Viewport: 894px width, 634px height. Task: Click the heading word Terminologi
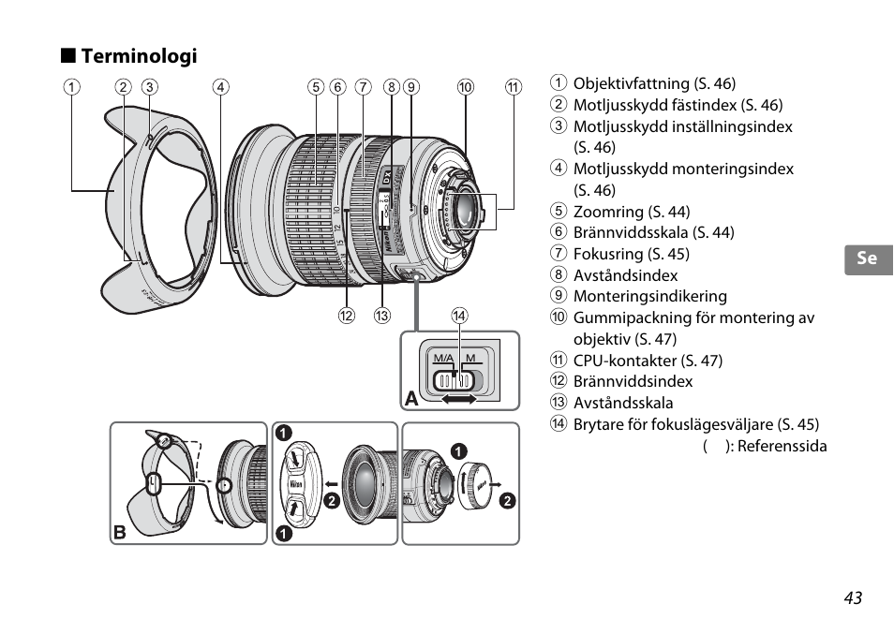click(x=139, y=56)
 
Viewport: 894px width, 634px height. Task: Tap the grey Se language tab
click(x=869, y=259)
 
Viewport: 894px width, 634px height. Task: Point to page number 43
click(x=853, y=597)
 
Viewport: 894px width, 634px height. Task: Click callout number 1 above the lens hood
click(x=71, y=87)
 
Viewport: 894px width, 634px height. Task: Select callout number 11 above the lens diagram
click(x=514, y=87)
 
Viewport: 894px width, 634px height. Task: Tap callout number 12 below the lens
click(x=346, y=315)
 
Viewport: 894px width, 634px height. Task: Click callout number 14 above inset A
click(x=459, y=315)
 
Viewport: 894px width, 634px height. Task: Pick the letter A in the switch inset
click(x=411, y=399)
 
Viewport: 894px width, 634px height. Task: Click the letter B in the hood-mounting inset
click(x=120, y=532)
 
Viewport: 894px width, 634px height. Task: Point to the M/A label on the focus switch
click(x=443, y=358)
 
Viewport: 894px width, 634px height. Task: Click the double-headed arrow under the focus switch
click(x=459, y=399)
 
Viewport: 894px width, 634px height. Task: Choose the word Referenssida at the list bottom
click(x=782, y=446)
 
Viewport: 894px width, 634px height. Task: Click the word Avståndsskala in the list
click(x=623, y=403)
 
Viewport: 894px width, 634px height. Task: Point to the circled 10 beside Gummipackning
click(x=559, y=317)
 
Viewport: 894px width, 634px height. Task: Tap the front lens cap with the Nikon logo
click(x=298, y=483)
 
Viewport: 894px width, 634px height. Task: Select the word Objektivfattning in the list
click(x=632, y=83)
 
